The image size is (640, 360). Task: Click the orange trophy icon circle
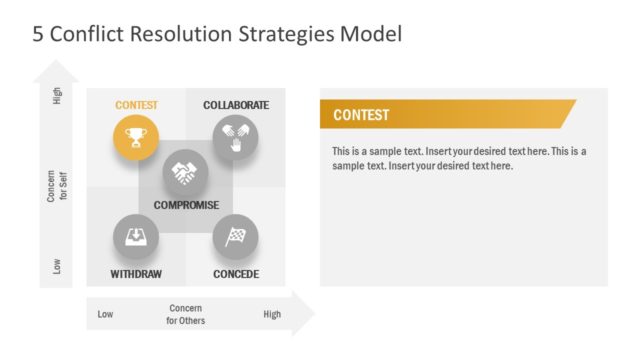point(135,138)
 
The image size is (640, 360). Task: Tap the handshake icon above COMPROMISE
point(185,172)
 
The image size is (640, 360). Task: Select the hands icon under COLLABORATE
point(235,138)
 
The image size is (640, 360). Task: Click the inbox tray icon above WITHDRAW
point(135,237)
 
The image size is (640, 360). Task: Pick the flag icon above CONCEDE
point(235,237)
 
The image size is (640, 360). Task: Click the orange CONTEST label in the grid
point(136,105)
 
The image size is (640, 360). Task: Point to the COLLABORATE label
point(236,105)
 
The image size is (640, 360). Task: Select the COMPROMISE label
point(186,205)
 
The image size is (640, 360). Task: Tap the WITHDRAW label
point(136,274)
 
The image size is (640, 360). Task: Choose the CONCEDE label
point(236,274)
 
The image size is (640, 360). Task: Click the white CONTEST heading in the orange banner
point(361,115)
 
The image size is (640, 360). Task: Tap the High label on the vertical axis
point(57,100)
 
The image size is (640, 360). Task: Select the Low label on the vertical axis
point(57,266)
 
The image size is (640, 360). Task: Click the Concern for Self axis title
point(56,186)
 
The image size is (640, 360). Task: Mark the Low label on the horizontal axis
point(105,315)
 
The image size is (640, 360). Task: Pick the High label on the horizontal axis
point(272,315)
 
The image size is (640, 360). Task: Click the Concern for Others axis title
point(186,315)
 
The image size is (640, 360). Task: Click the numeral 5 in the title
point(38,34)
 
